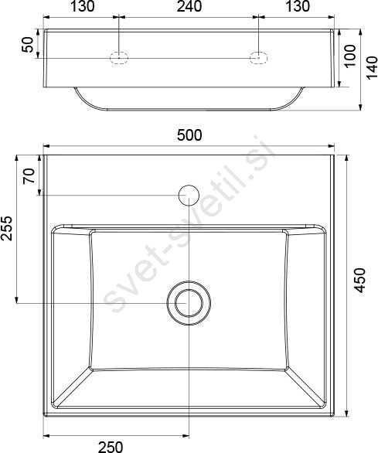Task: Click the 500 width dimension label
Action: coord(189,135)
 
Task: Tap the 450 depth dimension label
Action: coord(359,281)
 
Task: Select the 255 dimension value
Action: coord(6,228)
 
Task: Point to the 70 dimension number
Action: coord(29,176)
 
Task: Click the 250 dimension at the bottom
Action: coord(111,447)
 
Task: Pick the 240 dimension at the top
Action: coord(189,6)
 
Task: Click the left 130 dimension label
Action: coord(83,6)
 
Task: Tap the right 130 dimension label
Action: coord(298,6)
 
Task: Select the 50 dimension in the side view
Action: coord(28,45)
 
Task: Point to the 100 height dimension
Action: coord(350,56)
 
